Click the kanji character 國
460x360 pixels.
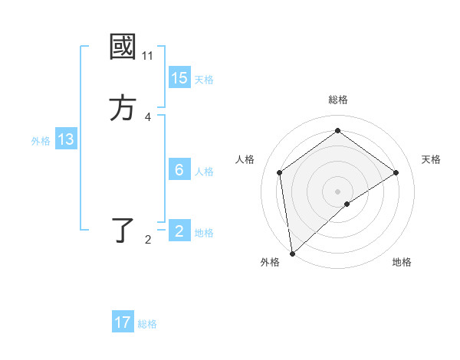pos(123,47)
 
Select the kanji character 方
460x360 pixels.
pos(123,108)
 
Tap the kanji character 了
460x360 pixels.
pos(123,231)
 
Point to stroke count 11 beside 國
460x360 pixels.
pos(148,56)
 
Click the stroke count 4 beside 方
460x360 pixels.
pos(148,117)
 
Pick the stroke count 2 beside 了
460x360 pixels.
pos(148,240)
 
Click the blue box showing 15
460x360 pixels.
pos(179,78)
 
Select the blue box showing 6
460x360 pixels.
pos(179,170)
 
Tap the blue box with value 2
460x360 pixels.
pos(179,231)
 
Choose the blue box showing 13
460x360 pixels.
pos(66,139)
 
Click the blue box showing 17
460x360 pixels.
pos(123,322)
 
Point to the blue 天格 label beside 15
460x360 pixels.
pos(204,79)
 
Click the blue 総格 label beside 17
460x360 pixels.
pos(147,324)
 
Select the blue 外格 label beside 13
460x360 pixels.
pos(41,141)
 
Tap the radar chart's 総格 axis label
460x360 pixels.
pos(338,100)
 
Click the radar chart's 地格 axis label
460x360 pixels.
pos(402,262)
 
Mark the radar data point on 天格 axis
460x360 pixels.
pos(396,172)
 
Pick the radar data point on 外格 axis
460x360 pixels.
pos(292,253)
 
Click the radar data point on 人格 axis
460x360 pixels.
pos(280,172)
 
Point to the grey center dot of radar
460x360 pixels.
pos(338,191)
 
